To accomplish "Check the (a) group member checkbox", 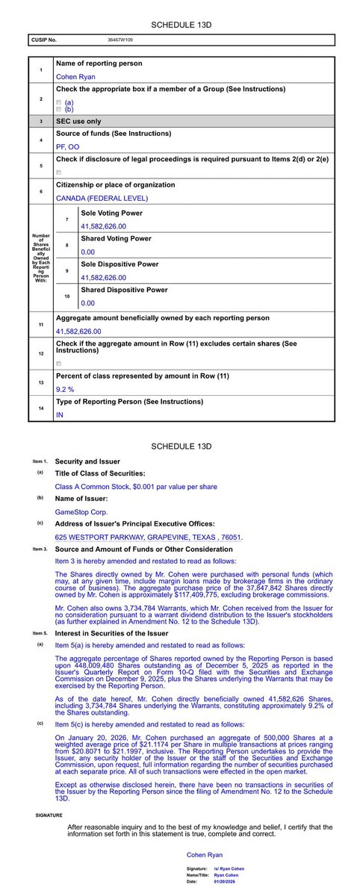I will coord(59,102).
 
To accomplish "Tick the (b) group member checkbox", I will coord(59,110).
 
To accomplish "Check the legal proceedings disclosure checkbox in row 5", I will coord(59,172).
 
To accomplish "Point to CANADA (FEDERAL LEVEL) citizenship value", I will coord(101,198).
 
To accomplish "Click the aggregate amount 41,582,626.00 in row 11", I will coord(78,331).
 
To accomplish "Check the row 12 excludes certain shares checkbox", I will coord(59,363).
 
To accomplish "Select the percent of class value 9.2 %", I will coord(66,389).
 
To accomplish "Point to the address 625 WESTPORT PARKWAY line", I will coord(141,537).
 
